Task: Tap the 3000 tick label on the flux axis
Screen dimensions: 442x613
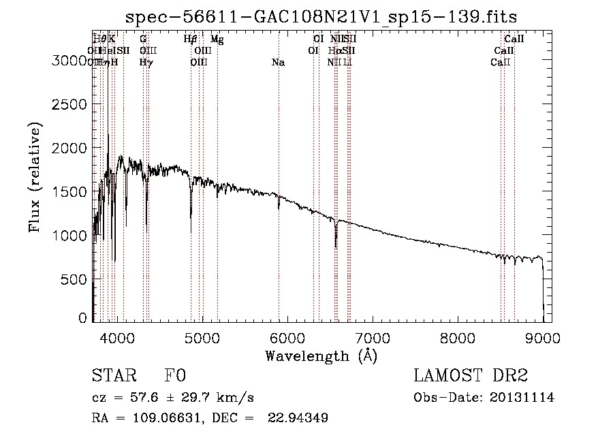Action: (69, 61)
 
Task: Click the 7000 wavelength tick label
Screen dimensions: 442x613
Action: (373, 338)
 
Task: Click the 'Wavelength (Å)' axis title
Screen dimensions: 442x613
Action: (321, 356)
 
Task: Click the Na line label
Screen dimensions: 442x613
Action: (278, 63)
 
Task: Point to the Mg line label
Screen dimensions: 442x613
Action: (217, 40)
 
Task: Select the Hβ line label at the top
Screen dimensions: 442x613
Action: (191, 40)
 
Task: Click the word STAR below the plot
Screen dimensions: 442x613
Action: (114, 377)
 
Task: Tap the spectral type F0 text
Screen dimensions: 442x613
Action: (176, 377)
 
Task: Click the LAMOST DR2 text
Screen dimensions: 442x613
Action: (470, 377)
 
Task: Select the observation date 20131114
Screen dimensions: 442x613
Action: (522, 398)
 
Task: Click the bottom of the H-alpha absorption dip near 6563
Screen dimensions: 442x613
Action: (335, 247)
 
